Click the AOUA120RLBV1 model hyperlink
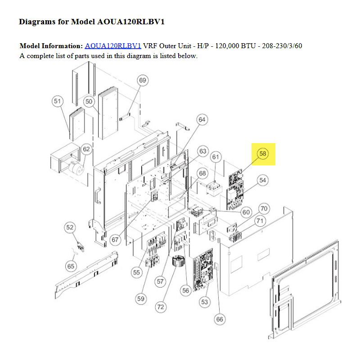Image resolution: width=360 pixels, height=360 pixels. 113,46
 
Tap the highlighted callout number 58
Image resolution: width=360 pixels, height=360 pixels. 263,153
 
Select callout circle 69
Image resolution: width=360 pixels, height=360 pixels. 143,81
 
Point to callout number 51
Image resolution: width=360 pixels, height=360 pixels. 58,101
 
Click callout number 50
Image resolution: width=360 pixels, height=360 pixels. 89,102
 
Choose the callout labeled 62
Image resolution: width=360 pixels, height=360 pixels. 86,149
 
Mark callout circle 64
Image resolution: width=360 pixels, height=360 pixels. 202,120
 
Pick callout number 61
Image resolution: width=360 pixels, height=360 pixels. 216,157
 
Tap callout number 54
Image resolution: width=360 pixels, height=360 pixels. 263,180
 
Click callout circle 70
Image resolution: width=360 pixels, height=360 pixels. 264,209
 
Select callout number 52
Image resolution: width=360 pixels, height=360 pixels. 70,228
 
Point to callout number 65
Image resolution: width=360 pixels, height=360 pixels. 71,266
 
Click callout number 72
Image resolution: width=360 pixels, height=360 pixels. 161,307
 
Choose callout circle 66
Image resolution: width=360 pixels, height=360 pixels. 220,319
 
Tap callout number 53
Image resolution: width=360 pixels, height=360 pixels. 205,302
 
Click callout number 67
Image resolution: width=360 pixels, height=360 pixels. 115,240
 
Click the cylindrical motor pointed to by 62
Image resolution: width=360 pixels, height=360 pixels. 76,168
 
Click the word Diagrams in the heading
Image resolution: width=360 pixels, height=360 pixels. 37,22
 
